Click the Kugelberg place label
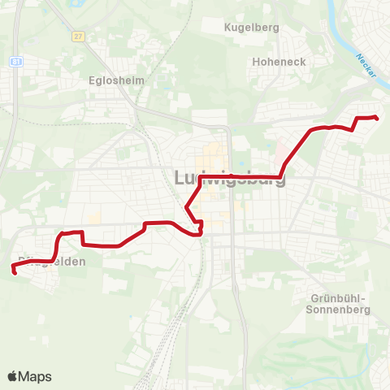point(253,27)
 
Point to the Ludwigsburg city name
point(230,178)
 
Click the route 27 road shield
point(78,37)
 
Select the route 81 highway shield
point(16,62)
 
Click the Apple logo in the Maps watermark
point(13,376)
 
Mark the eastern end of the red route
point(378,119)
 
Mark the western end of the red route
point(15,271)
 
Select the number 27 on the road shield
point(78,37)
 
